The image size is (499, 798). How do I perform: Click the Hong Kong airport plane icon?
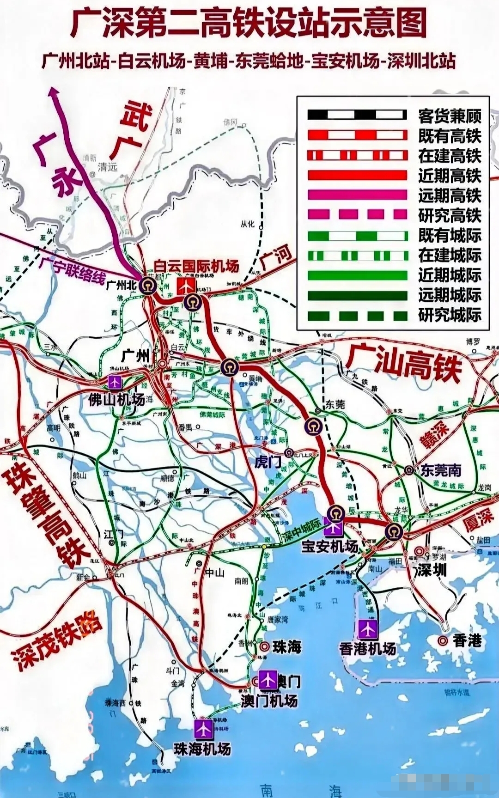[x=368, y=629]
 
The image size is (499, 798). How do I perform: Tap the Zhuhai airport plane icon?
[x=203, y=729]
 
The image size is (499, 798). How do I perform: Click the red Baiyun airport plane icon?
[x=187, y=286]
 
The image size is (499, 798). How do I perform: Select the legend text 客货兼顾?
[x=450, y=116]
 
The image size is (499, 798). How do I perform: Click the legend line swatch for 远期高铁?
[x=357, y=195]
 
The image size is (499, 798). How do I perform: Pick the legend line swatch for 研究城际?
[x=357, y=316]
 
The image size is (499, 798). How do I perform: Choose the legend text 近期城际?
[x=450, y=275]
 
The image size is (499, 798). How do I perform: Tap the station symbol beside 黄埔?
[x=230, y=368]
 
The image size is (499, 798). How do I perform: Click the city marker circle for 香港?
[x=443, y=640]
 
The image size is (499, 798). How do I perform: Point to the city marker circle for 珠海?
[x=265, y=647]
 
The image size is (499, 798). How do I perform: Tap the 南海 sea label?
[x=300, y=789]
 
